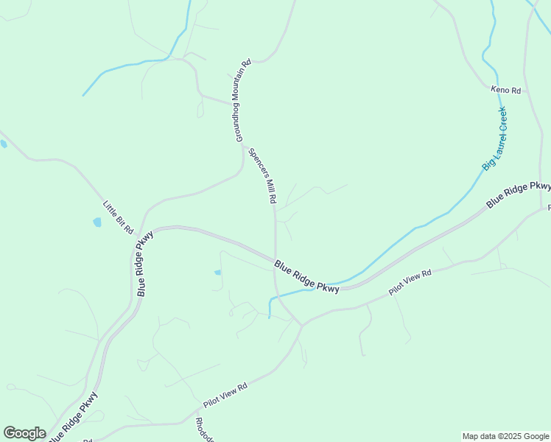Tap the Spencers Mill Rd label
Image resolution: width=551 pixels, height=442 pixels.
coord(262,177)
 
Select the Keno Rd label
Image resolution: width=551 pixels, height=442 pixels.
coord(506,91)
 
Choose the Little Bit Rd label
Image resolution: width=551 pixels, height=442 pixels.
coord(118,218)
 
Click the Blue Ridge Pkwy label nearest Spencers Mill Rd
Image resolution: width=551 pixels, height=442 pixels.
coord(306,277)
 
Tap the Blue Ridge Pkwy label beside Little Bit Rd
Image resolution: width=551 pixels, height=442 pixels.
coord(144,264)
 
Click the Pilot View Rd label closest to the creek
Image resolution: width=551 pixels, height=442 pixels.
coord(410,283)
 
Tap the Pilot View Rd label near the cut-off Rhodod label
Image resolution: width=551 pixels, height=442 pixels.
coord(226,396)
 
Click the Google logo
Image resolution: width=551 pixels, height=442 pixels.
coord(24,433)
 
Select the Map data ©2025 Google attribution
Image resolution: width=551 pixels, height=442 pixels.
coord(505,436)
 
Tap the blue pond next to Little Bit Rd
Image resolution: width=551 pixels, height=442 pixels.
coord(97,222)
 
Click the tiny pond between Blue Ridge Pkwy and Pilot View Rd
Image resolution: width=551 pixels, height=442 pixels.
coord(217,273)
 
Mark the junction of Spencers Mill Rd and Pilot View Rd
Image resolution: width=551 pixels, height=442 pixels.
coord(301,325)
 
